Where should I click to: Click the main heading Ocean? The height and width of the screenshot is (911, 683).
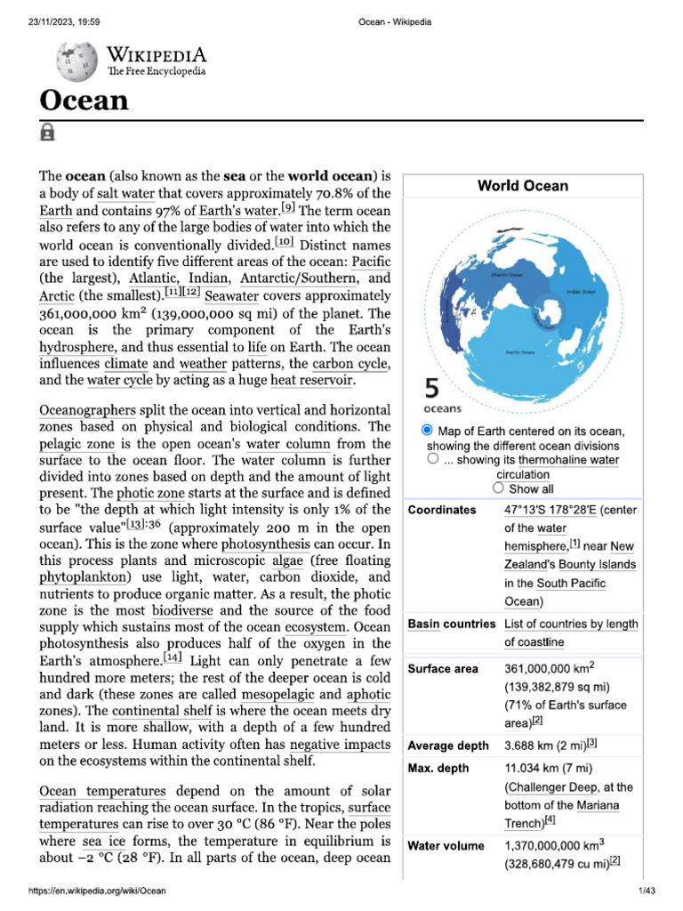point(84,100)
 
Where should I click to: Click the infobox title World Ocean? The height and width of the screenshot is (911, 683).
point(522,186)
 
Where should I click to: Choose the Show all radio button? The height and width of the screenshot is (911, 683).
point(498,488)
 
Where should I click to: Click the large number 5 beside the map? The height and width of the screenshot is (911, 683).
point(431,389)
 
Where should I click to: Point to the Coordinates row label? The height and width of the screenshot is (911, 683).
point(441,510)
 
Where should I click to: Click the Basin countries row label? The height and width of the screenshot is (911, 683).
point(451,625)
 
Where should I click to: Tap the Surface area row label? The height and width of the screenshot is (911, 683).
point(442,669)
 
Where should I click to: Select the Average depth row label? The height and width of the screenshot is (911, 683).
point(446,745)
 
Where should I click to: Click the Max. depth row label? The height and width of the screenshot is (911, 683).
point(438,768)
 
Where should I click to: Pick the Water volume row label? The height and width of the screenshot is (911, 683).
point(446,846)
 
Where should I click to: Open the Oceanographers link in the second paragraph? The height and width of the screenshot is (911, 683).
point(87,410)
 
